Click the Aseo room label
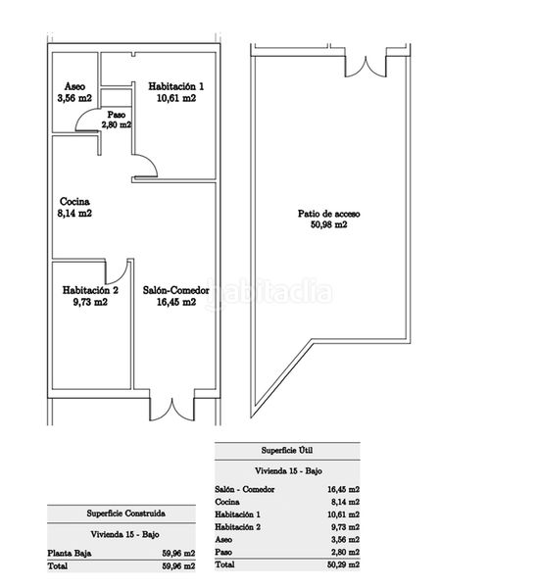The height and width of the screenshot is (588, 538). click(74, 86)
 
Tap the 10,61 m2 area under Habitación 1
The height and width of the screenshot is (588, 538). click(176, 98)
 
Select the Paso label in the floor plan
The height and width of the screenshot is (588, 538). click(117, 115)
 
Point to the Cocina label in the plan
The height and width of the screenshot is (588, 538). click(74, 202)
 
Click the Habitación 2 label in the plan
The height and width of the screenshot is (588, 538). click(90, 290)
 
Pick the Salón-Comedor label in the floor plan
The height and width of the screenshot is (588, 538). click(175, 290)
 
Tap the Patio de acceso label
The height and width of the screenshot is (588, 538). click(329, 214)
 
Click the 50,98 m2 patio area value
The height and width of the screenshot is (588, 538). click(329, 224)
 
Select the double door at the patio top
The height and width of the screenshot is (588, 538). click(366, 67)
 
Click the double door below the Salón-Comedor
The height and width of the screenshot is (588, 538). click(172, 409)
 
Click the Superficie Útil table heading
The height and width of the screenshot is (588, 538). click(287, 451)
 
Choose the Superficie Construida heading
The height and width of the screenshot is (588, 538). click(126, 513)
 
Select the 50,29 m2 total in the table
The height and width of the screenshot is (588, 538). click(343, 564)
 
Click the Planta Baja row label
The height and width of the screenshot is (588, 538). click(70, 553)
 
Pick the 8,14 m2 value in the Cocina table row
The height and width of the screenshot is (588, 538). click(345, 502)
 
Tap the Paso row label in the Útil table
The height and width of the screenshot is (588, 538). click(223, 552)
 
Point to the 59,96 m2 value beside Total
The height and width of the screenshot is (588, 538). click(178, 565)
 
